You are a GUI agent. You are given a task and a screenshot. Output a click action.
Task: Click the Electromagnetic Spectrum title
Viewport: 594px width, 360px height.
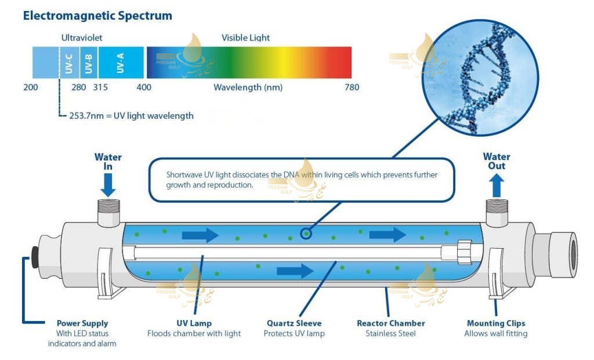97,16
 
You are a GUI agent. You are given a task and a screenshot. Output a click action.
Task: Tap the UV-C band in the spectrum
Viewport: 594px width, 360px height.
68,63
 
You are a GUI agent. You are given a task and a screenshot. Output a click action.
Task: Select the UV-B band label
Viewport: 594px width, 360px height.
88,63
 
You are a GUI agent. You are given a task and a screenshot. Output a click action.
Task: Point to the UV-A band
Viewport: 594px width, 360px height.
120,63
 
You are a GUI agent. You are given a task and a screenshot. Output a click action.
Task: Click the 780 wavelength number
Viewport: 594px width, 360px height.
352,88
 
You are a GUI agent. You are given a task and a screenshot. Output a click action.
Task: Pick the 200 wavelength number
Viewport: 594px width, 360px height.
30,88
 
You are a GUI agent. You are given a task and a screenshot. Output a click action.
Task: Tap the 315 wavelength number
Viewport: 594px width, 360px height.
100,88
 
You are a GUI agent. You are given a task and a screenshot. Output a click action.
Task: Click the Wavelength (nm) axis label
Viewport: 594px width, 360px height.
248,88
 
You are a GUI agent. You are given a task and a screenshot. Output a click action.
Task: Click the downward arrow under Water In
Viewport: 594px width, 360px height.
108,185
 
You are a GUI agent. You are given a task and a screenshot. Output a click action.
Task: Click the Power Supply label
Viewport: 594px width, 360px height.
82,323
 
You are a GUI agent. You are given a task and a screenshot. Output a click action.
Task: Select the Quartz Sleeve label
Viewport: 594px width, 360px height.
294,323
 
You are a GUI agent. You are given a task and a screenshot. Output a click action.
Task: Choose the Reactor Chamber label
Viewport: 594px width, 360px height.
390,323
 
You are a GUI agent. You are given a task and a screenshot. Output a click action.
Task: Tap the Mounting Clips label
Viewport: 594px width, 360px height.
496,323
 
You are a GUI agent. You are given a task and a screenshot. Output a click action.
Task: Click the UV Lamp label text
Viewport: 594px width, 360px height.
194,323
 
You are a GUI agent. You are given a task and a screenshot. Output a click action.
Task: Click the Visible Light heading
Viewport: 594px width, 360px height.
245,38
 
